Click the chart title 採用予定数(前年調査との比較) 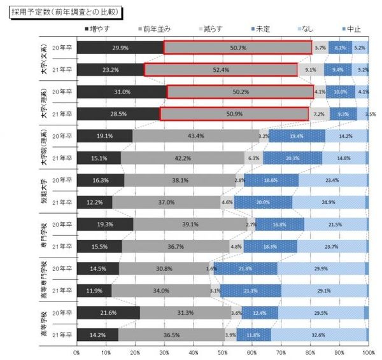tap(64, 12)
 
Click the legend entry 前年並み tap(156, 29)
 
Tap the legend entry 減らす tap(213, 29)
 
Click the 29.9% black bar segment tap(120, 48)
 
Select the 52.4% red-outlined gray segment tap(221, 70)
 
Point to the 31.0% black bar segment tap(122, 92)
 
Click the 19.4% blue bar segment tap(297, 135)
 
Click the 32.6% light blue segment tap(318, 335)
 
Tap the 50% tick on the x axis tap(223, 352)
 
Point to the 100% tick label tap(367, 352)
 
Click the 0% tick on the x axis tap(77, 352)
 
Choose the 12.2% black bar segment tap(94, 202)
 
